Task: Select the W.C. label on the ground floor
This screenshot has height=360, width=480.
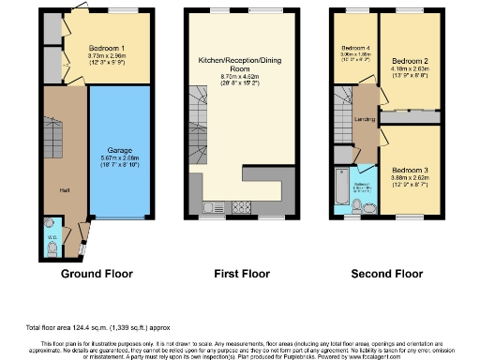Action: (x=52, y=237)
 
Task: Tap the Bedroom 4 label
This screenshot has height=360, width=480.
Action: (x=354, y=48)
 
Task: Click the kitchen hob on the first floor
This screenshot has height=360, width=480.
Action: (x=240, y=208)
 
